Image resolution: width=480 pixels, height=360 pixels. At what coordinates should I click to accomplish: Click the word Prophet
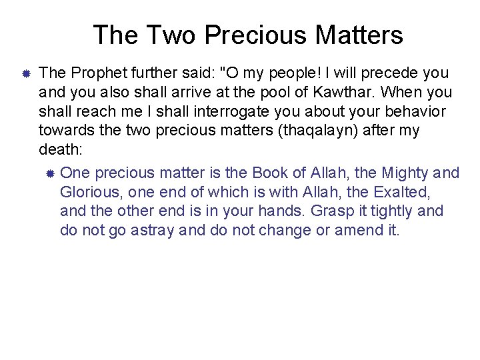click(x=92, y=72)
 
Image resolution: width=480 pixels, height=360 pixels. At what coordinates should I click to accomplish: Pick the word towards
click(x=66, y=131)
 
